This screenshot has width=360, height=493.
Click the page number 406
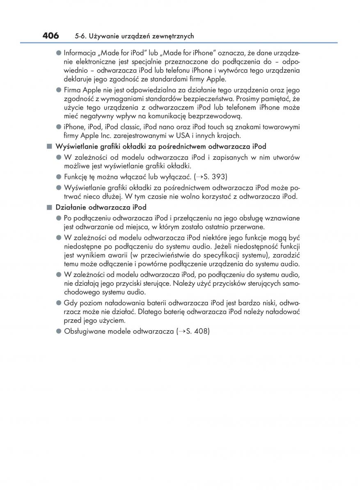[x=50, y=36]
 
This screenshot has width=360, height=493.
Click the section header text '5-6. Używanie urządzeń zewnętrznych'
[x=134, y=37]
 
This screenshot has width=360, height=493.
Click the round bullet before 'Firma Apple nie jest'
[x=59, y=89]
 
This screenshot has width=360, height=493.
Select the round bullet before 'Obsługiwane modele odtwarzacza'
[x=59, y=331]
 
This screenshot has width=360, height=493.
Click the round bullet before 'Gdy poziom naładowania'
[x=59, y=303]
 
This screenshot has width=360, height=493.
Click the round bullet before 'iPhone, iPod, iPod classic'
[x=59, y=127]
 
